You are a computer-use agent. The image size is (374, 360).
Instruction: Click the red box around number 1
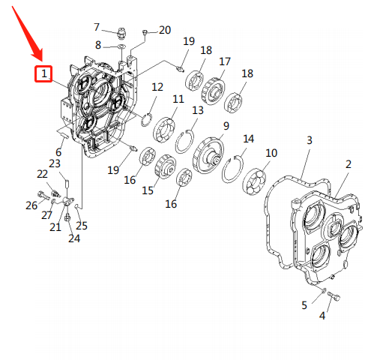[43, 73]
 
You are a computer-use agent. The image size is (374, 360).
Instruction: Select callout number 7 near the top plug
[97, 27]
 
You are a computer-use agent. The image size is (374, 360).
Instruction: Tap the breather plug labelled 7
[122, 33]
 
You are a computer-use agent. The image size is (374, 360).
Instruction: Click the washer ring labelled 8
[122, 46]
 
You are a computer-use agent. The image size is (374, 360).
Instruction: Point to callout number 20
[165, 30]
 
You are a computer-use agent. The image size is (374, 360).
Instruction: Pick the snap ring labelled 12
[146, 120]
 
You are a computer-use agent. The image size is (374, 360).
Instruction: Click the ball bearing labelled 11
[164, 130]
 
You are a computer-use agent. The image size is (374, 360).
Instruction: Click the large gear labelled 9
[208, 155]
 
